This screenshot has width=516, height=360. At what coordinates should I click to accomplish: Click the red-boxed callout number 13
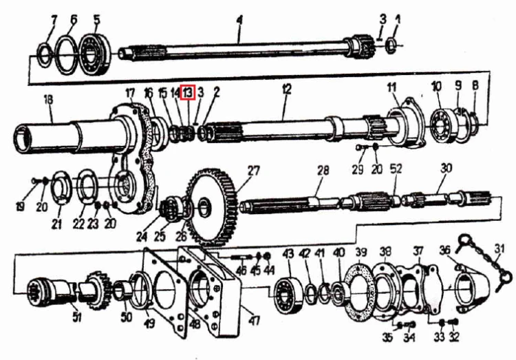[x=189, y=92]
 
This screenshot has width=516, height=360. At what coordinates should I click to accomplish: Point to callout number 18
[x=48, y=100]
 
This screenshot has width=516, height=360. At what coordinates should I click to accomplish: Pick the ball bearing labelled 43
[x=288, y=295]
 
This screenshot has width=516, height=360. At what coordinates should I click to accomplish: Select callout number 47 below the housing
[x=254, y=320]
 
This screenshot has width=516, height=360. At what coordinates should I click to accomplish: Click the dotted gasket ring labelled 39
[x=358, y=291]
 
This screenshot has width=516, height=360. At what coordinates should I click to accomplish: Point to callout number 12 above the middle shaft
[x=287, y=89]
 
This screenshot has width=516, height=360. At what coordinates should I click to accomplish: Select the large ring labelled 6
[x=67, y=55]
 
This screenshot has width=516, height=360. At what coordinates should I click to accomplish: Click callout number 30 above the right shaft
[x=447, y=169]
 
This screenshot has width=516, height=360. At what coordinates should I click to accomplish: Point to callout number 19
[x=20, y=207]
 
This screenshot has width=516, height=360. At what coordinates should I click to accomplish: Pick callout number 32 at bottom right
[x=454, y=337]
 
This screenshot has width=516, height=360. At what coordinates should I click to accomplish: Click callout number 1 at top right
[x=398, y=21]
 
